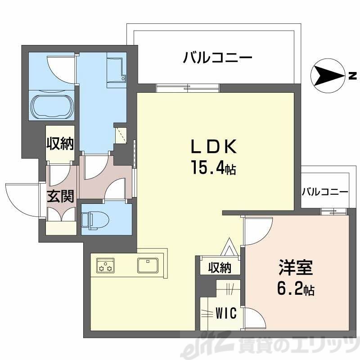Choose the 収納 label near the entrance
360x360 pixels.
pos(60,144)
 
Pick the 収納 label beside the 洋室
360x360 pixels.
pos(220,268)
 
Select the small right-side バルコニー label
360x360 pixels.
pos(324,191)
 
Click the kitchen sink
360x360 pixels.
pos(147,265)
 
